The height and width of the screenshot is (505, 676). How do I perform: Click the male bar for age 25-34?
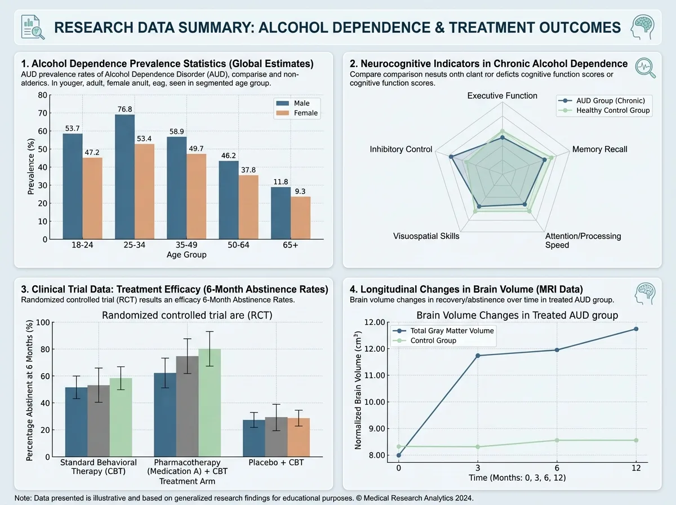click(124, 177)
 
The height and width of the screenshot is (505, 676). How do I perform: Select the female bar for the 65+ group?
click(301, 218)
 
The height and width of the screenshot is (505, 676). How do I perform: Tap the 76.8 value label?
click(124, 109)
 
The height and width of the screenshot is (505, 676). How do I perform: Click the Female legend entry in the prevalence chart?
click(297, 113)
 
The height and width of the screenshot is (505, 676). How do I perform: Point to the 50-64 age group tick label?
click(238, 245)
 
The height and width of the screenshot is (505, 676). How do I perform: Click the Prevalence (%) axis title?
click(30, 166)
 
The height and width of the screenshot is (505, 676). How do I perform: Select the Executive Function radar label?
click(502, 95)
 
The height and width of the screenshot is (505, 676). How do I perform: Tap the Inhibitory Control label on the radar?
click(401, 149)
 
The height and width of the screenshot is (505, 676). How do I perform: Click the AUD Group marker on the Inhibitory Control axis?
click(451, 157)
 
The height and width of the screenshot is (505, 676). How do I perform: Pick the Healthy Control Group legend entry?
click(604, 110)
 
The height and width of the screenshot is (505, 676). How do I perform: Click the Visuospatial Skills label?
click(426, 236)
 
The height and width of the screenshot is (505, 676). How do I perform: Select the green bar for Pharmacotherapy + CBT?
click(210, 403)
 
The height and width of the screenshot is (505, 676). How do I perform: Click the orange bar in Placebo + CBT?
click(299, 437)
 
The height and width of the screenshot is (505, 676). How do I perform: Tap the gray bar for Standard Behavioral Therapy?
click(99, 421)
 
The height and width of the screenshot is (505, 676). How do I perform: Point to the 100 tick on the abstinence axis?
click(43, 322)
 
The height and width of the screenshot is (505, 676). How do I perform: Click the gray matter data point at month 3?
click(478, 356)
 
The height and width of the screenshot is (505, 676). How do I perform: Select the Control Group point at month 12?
click(636, 440)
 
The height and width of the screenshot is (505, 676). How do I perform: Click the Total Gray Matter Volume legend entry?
click(443, 331)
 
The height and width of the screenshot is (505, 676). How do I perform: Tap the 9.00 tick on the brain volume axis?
click(375, 428)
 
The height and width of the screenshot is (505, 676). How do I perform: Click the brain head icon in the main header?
click(643, 27)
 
